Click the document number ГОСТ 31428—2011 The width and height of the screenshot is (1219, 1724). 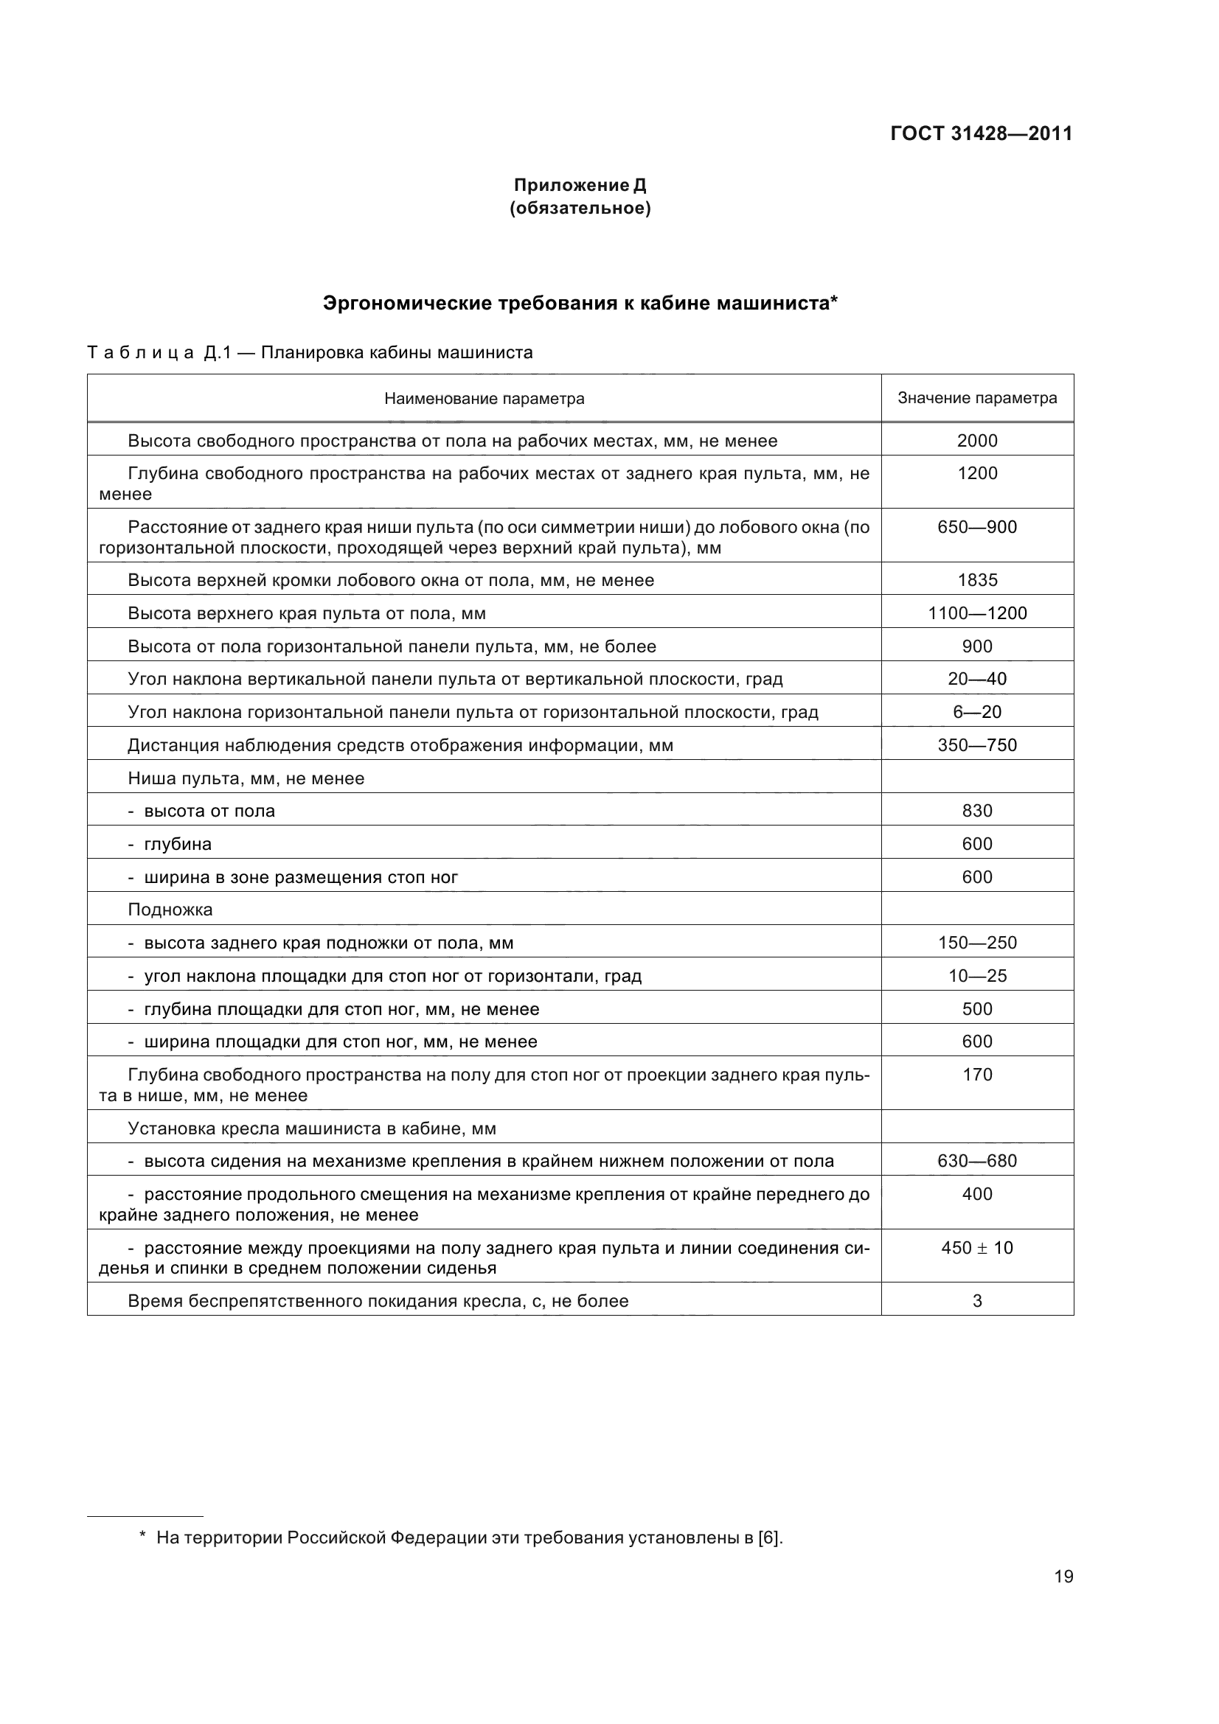pyautogui.click(x=981, y=133)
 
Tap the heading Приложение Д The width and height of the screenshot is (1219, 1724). pyautogui.click(x=580, y=185)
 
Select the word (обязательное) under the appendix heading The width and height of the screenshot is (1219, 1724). pyautogui.click(x=580, y=208)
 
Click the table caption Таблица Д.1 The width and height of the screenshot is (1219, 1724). pyautogui.click(x=310, y=352)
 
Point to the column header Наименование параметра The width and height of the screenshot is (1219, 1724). pyautogui.click(x=484, y=399)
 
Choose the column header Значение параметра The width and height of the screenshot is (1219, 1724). pyautogui.click(x=977, y=399)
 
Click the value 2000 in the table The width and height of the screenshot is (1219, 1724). pyautogui.click(x=977, y=441)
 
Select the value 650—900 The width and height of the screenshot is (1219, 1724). pyautogui.click(x=977, y=527)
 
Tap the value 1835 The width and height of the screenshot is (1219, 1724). pyautogui.click(x=977, y=580)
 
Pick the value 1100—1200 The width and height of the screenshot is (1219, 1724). pyautogui.click(x=977, y=613)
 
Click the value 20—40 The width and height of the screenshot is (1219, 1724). pyautogui.click(x=977, y=680)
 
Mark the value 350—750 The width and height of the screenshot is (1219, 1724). pyautogui.click(x=977, y=746)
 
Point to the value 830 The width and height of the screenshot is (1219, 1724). pyautogui.click(x=977, y=811)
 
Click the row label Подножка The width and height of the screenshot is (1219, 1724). pyautogui.click(x=170, y=910)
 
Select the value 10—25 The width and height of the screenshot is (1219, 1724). pyautogui.click(x=977, y=976)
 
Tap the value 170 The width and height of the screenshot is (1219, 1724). pyautogui.click(x=977, y=1075)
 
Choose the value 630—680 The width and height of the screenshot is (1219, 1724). pyautogui.click(x=977, y=1162)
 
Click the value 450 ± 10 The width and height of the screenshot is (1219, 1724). pyautogui.click(x=977, y=1248)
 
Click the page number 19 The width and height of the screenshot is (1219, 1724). pyautogui.click(x=1063, y=1597)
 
